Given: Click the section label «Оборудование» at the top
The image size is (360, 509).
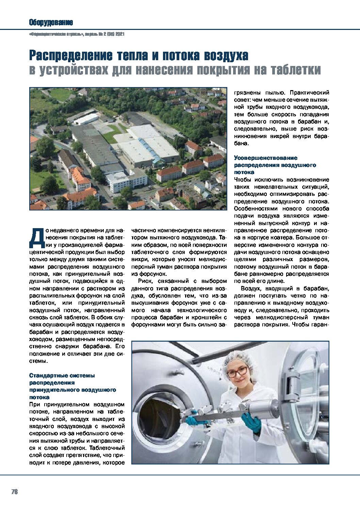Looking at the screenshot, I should coord(51,23).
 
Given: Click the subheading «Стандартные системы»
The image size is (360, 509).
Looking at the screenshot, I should coord(62,375).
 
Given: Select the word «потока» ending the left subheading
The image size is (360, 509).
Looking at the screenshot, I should coord(39,397).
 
